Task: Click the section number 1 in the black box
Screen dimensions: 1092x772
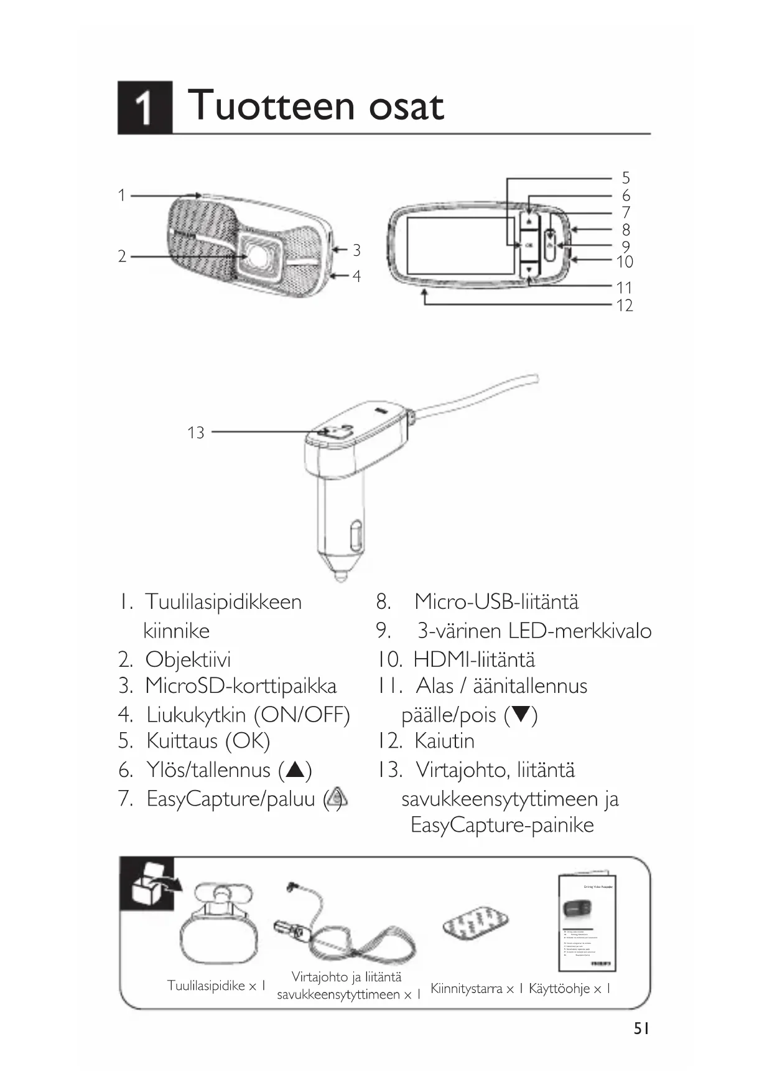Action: click(144, 107)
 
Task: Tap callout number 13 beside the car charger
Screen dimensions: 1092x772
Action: click(196, 433)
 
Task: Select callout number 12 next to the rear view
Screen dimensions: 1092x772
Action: click(625, 306)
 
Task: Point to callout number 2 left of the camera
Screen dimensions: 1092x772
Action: click(123, 256)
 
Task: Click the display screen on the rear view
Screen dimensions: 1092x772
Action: click(460, 246)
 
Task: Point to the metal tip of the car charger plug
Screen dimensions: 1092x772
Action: click(340, 574)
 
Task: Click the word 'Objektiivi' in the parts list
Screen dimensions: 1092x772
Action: click(188, 659)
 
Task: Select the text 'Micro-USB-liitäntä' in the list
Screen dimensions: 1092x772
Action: click(496, 602)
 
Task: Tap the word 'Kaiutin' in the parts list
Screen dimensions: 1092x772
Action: click(444, 741)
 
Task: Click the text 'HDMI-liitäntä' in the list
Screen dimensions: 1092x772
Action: click(474, 659)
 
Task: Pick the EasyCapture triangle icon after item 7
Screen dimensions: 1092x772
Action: click(337, 798)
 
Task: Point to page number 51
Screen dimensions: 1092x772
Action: click(641, 1029)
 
